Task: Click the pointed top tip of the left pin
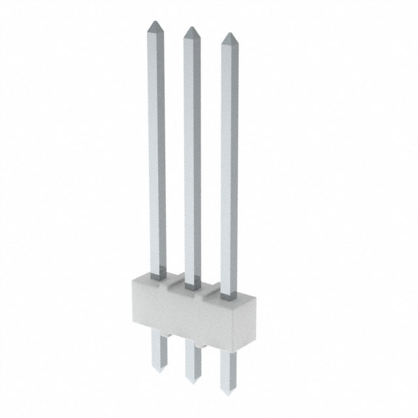click(x=155, y=25)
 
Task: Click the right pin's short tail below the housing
click(x=228, y=369)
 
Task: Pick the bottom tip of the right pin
click(x=227, y=392)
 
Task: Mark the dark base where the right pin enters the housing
click(x=229, y=295)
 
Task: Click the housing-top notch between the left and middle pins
click(x=172, y=283)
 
